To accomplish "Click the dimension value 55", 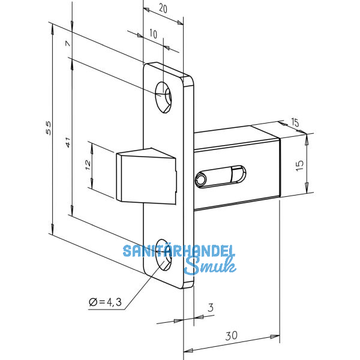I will click(x=50, y=127).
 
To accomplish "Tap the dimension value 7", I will click(x=68, y=44).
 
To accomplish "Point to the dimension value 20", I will click(x=162, y=8).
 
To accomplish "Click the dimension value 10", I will click(x=152, y=35).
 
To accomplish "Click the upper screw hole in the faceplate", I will click(x=163, y=95).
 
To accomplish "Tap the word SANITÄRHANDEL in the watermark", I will click(x=179, y=251).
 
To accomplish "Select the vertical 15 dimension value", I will click(x=301, y=163).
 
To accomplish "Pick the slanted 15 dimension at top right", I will click(x=295, y=123).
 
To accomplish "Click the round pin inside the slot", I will click(x=201, y=178).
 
